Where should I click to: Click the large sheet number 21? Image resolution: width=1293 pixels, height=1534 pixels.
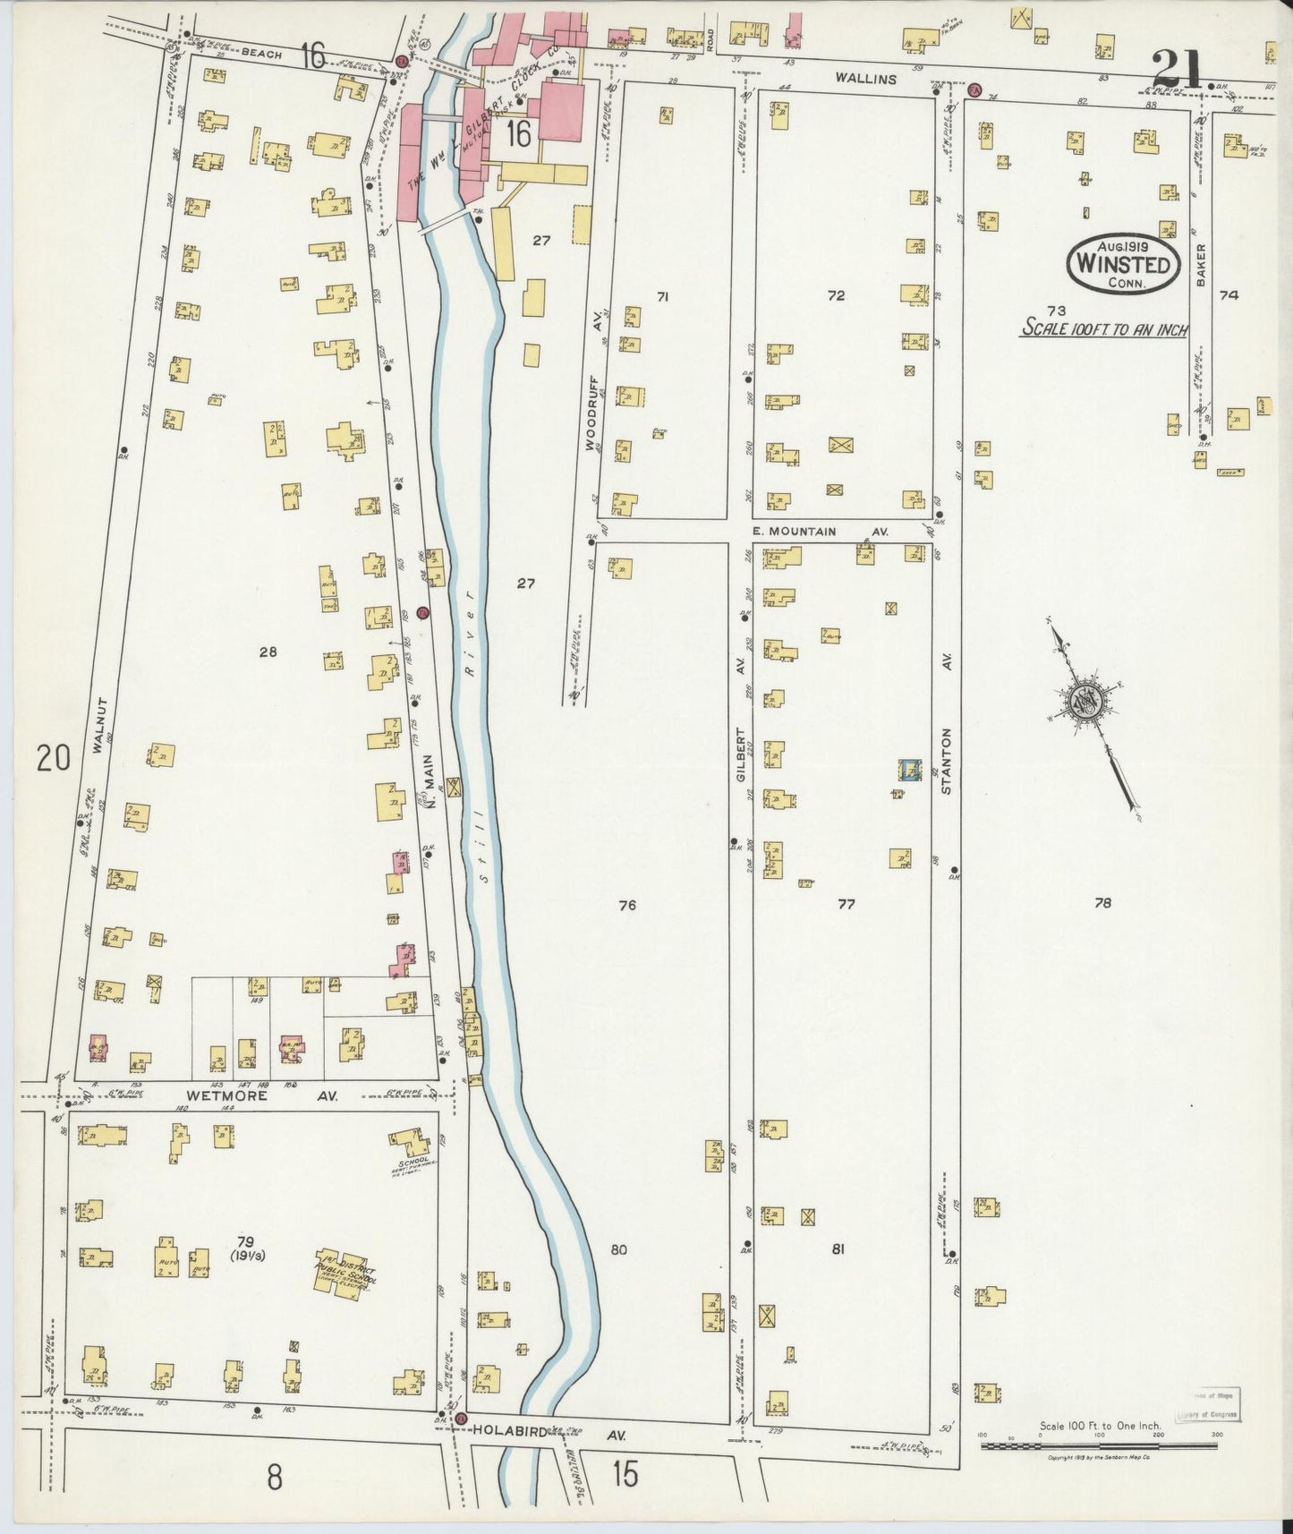point(1180,66)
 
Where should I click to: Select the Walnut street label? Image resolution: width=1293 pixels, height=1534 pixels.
point(100,727)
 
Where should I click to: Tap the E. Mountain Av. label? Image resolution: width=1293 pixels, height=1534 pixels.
point(818,531)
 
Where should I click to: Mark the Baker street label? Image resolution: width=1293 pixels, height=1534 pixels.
point(1202,265)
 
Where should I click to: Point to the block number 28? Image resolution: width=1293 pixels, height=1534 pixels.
point(268,652)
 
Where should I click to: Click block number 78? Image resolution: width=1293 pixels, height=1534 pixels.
point(1102,904)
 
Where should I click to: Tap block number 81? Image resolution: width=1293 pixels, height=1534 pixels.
point(838,1249)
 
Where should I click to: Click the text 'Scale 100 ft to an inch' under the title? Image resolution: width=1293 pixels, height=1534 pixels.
point(1105,329)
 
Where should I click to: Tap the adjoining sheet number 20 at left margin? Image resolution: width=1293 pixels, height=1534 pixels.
point(53,759)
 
